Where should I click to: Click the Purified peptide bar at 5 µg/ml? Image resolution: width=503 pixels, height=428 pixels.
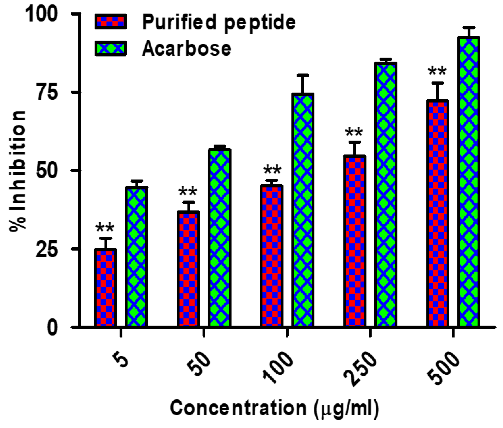coord(105,288)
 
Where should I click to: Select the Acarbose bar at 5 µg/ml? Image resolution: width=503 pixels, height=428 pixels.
coord(137,256)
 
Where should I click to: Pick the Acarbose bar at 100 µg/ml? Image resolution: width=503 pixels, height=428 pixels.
coord(302,210)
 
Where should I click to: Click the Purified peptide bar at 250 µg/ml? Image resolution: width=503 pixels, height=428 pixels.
coord(355,241)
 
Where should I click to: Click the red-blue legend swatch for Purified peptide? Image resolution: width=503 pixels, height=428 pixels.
coord(111,22)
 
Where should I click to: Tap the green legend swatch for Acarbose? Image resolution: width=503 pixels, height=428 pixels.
coord(111,48)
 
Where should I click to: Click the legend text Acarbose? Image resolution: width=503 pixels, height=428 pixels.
coord(187,49)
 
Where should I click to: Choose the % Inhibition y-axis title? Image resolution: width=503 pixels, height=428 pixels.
coord(18,171)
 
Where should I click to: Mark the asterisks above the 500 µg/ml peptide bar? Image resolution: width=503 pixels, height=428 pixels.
coord(437,71)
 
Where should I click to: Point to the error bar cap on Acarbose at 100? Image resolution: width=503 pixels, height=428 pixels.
coord(302,75)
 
